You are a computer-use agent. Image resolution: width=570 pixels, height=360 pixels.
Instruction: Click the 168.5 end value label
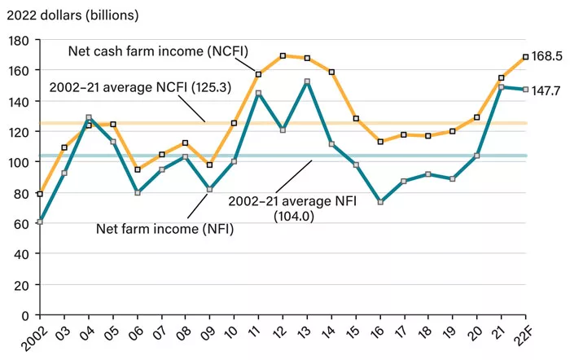pos(548,56)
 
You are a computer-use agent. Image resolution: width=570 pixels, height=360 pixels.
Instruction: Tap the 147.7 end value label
pos(548,90)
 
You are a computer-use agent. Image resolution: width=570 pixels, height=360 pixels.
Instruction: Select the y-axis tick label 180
pos(19,40)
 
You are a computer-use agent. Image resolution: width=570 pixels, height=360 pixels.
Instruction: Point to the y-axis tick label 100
pos(19,162)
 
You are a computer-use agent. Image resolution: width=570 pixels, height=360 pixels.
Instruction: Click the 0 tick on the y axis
pos(25,315)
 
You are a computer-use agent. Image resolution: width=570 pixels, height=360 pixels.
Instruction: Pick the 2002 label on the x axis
pos(34,336)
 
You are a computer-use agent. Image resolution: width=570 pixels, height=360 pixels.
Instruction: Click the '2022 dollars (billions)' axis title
pos(70,15)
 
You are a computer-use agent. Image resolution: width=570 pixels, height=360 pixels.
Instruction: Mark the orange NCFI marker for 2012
pos(282,56)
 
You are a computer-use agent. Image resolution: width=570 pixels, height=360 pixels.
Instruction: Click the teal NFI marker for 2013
pos(306,81)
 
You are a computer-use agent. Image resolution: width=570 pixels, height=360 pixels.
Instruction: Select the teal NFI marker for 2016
pos(379,202)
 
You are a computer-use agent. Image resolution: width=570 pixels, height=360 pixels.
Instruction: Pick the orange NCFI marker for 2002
pos(40,194)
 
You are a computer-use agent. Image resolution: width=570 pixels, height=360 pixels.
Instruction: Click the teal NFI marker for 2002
pos(40,222)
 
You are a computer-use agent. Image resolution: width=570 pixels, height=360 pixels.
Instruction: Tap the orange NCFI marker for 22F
pos(525,57)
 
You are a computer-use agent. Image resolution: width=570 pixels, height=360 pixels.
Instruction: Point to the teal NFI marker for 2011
pos(258,93)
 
